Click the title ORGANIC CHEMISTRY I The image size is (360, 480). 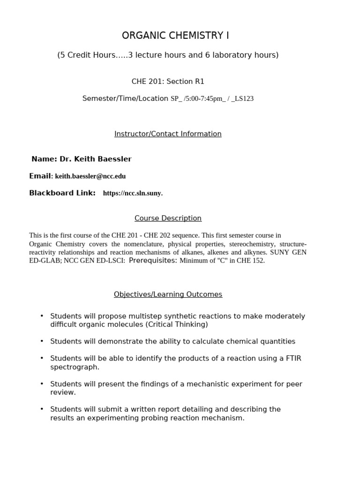click(175, 36)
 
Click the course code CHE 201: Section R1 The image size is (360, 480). click(168, 82)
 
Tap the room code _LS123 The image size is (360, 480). click(242, 99)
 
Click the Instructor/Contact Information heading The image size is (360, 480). click(168, 134)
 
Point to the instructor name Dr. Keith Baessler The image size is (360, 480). click(95, 159)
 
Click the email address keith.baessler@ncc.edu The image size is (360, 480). click(90, 176)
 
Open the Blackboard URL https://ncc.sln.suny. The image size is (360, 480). click(133, 193)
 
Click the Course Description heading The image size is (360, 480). click(168, 218)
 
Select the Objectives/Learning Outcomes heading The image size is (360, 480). click(168, 294)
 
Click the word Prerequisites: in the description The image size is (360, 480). click(153, 261)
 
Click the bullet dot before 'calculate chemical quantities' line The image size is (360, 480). click(42, 341)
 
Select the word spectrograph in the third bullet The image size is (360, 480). click(75, 367)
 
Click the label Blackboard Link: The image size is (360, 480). click(62, 193)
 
